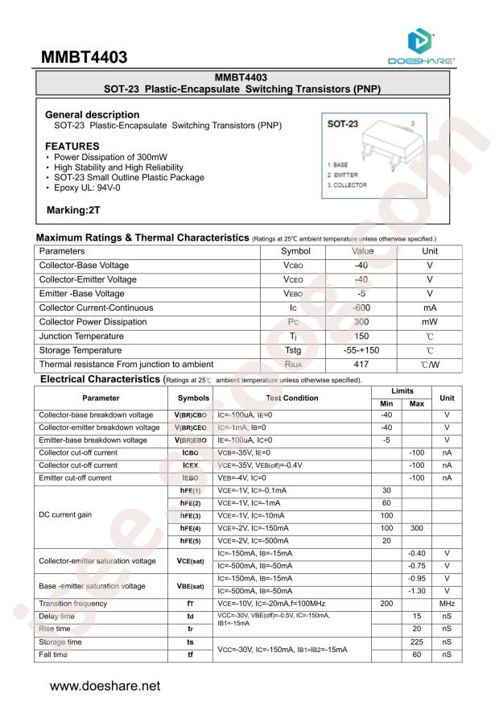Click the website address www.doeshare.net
[x=105, y=686]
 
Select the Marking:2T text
[x=74, y=210]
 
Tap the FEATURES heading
[x=72, y=146]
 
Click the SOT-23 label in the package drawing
[x=343, y=125]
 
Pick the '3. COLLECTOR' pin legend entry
[x=347, y=185]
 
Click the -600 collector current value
[x=361, y=308]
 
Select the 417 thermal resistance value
[x=361, y=364]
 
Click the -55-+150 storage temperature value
[x=361, y=350]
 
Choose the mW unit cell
[x=430, y=322]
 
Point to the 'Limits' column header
[x=402, y=390]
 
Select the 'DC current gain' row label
[x=67, y=515]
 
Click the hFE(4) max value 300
[x=416, y=528]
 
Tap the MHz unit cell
[x=447, y=603]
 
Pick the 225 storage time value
[x=416, y=642]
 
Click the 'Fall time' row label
[x=54, y=654]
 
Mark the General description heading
[x=92, y=115]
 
